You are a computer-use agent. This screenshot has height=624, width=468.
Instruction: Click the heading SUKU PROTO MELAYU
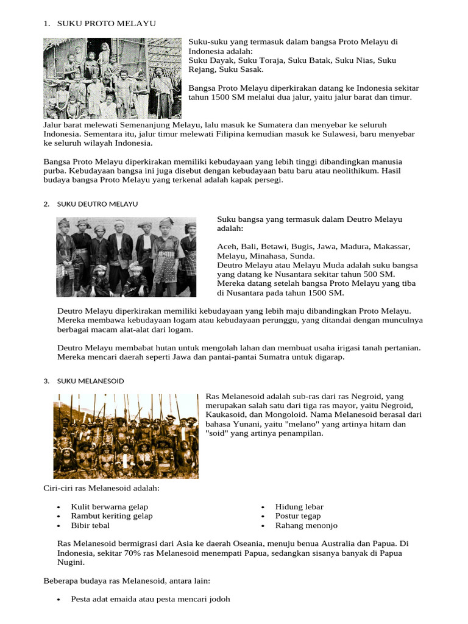click(106, 23)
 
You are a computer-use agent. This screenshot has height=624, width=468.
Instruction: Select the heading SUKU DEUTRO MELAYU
click(97, 204)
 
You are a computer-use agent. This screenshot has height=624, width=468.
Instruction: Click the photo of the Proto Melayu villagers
click(113, 77)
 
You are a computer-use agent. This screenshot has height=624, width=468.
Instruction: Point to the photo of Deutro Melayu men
click(127, 256)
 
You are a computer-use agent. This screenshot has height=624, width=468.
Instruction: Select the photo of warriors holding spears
click(126, 435)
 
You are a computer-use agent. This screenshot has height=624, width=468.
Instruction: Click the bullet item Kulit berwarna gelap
click(109, 506)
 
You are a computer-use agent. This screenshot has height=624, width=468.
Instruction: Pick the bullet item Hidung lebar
click(299, 506)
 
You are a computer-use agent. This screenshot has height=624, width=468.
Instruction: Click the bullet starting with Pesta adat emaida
click(151, 599)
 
